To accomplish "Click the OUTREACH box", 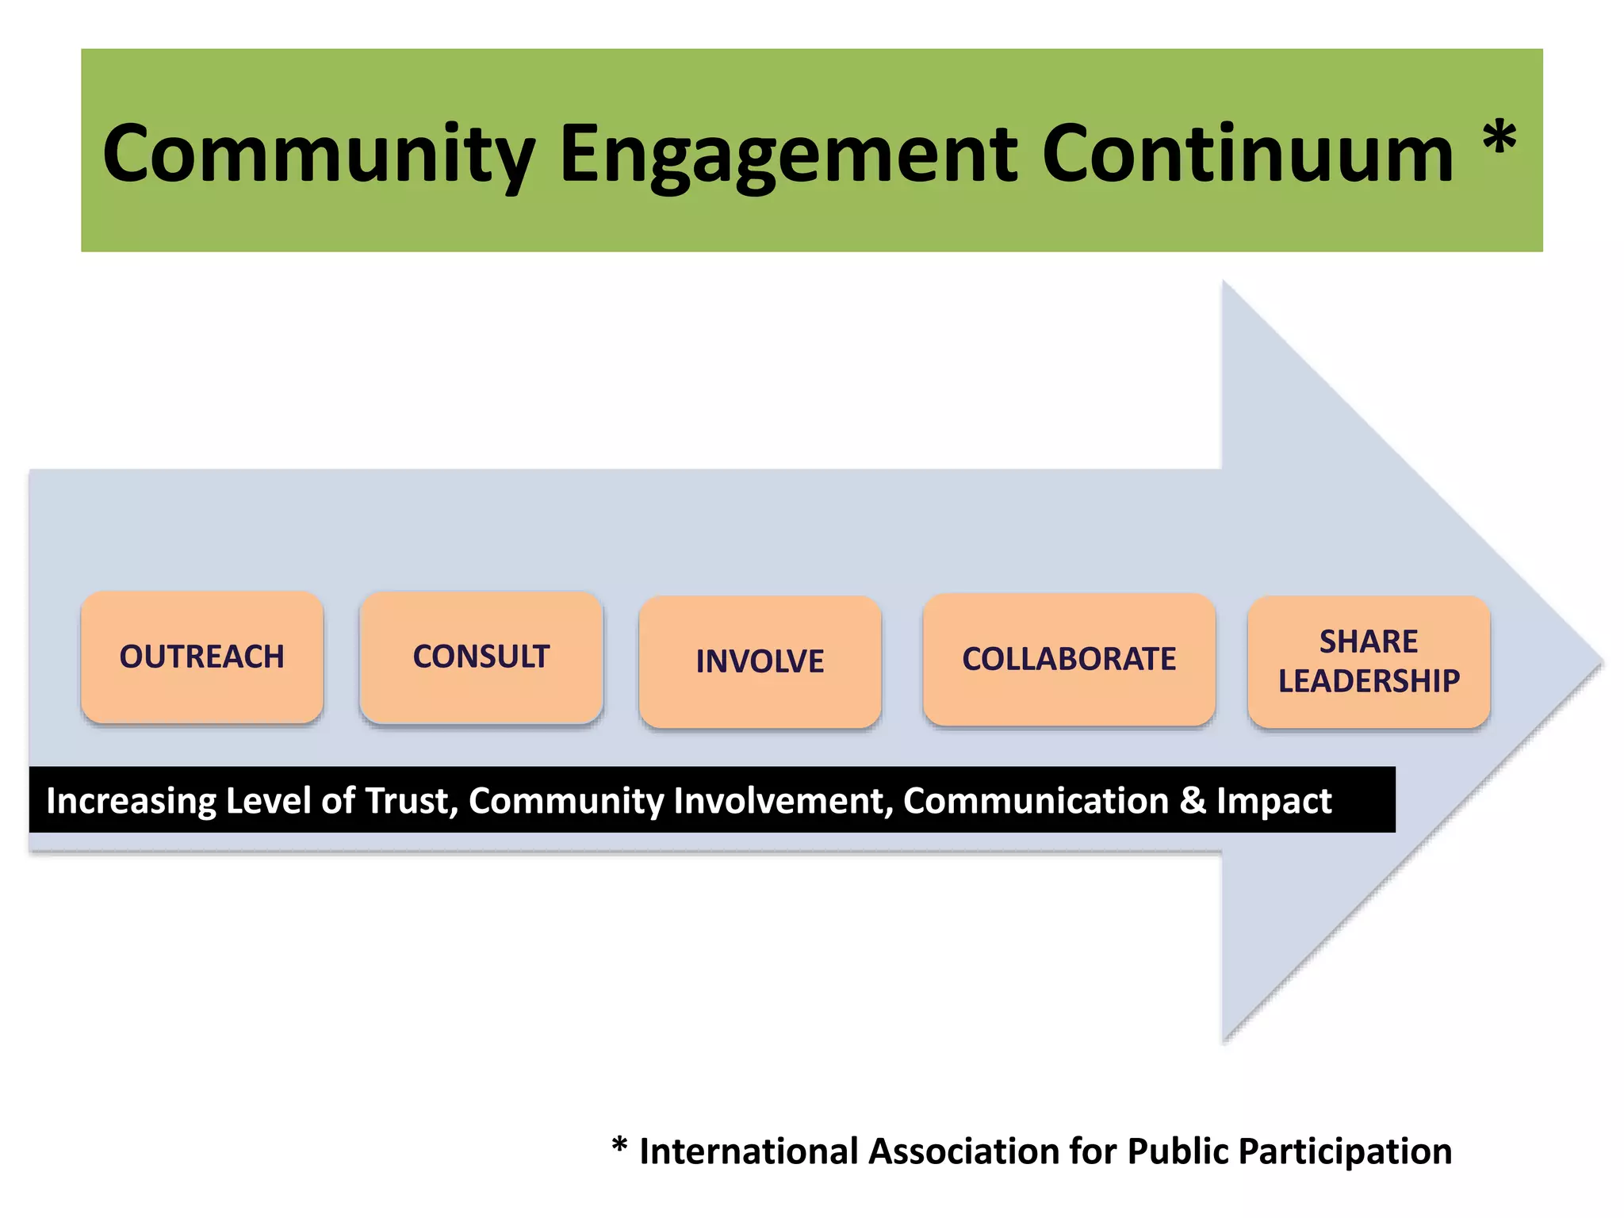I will click(x=201, y=657).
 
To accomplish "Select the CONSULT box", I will click(x=481, y=657).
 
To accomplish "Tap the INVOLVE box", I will click(x=760, y=661).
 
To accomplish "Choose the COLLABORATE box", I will click(x=1069, y=659).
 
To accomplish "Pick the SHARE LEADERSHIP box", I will click(x=1369, y=661).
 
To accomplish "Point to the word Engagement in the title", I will click(x=788, y=155).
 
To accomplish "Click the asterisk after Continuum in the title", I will click(x=1499, y=138).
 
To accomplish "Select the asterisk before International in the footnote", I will click(x=619, y=1146).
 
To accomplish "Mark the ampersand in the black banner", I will click(x=1192, y=801).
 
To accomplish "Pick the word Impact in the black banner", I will click(x=1274, y=801).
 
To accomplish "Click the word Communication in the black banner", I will click(x=1036, y=801).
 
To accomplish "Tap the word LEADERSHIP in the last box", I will click(x=1369, y=681).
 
